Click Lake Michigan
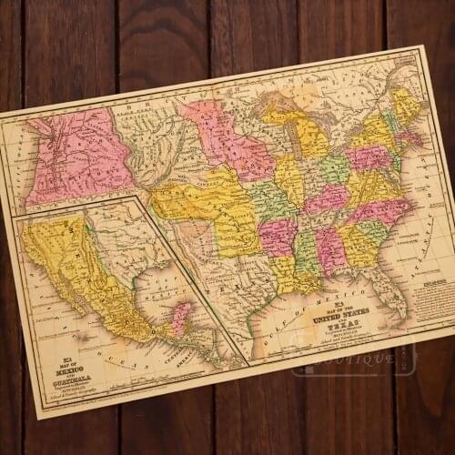301,140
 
